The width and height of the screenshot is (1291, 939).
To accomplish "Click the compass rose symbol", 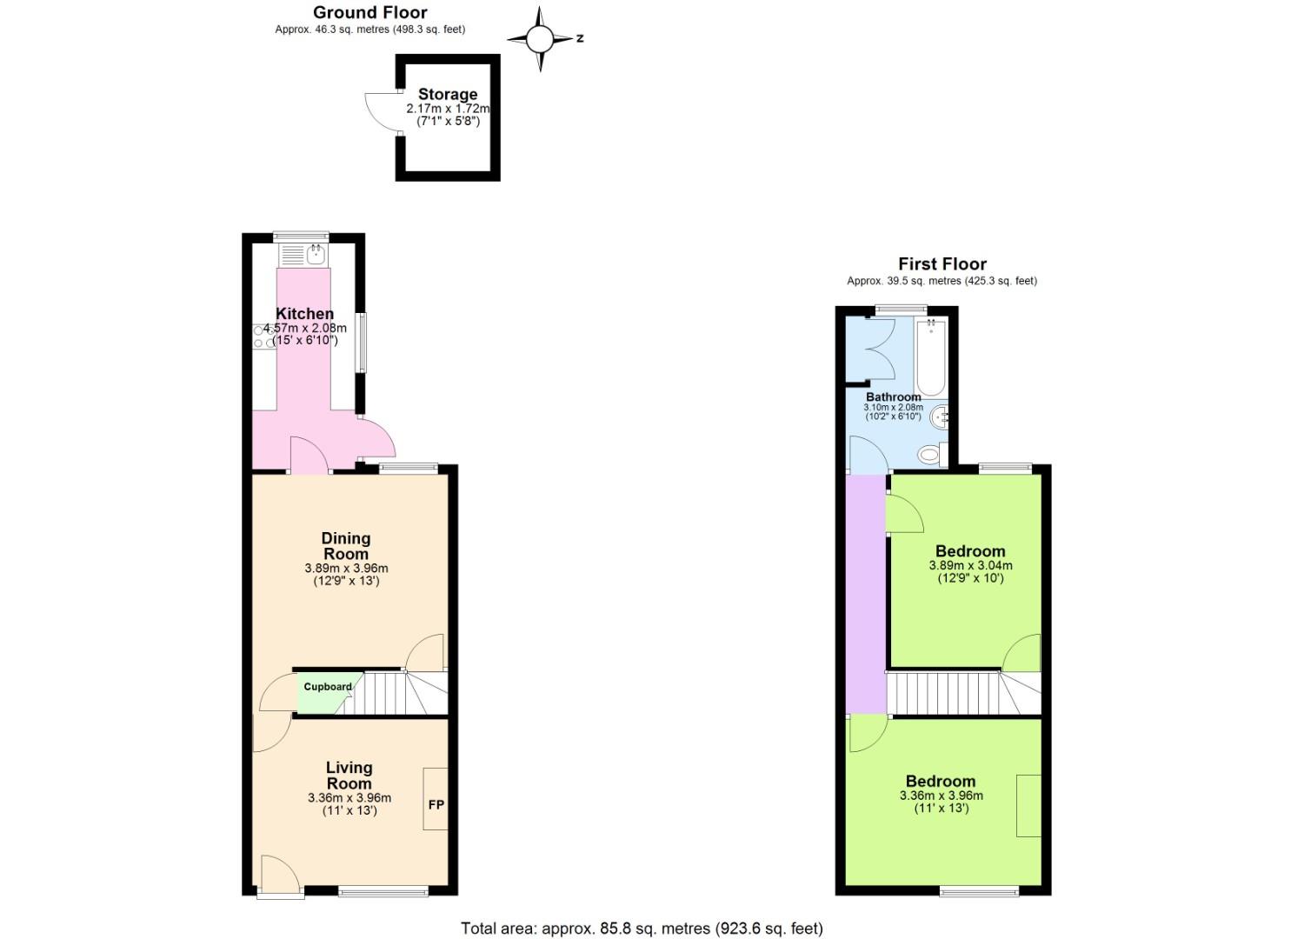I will (x=540, y=38).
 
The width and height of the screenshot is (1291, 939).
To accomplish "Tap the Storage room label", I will (x=448, y=94).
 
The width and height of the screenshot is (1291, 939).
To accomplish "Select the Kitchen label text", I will (x=304, y=314).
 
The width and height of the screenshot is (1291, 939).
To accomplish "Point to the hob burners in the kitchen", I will (x=263, y=336).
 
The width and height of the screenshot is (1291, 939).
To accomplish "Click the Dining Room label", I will (x=346, y=546).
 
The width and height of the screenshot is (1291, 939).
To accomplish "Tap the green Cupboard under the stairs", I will (x=327, y=687).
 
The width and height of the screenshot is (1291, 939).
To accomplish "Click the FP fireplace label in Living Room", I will (x=436, y=804).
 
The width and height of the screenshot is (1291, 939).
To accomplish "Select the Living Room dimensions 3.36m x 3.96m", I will (x=349, y=798).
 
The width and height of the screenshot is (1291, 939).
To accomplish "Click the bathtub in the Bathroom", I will (x=930, y=357).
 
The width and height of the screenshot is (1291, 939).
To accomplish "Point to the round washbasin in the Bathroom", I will (x=940, y=418).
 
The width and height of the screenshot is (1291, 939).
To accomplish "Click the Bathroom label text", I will (x=893, y=396).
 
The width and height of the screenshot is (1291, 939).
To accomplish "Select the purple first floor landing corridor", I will (x=866, y=591).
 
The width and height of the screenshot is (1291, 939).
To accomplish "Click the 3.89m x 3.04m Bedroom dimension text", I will (x=970, y=565).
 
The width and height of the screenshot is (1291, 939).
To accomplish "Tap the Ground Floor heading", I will (x=369, y=12).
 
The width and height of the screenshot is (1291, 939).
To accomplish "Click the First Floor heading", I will (x=942, y=263).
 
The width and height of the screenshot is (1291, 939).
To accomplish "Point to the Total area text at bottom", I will (x=642, y=929).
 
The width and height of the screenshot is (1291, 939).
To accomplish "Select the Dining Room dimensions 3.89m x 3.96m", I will (x=346, y=568).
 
